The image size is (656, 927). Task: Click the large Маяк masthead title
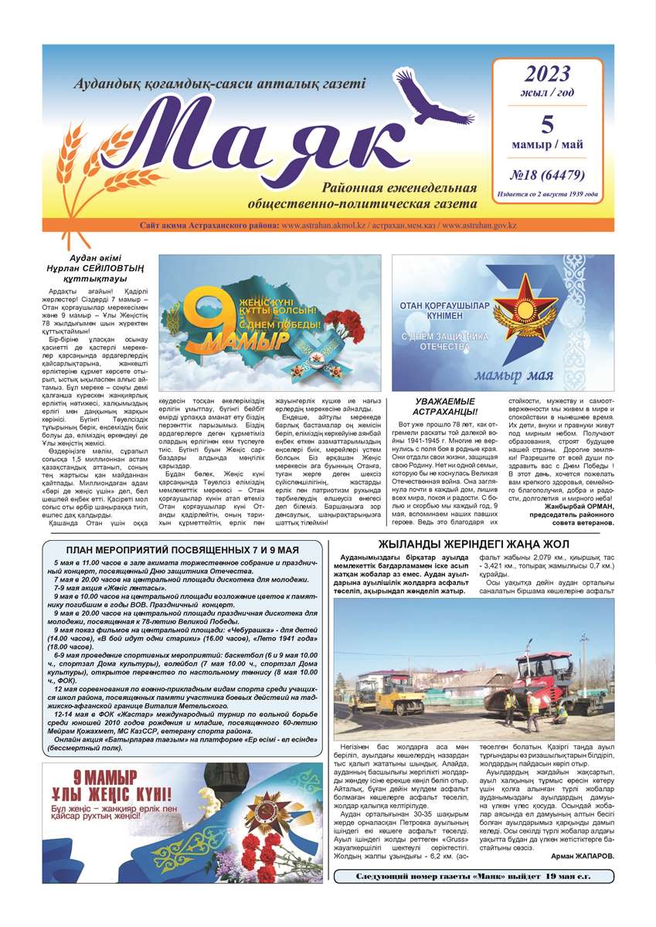[263, 139]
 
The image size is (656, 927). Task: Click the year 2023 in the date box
[547, 74]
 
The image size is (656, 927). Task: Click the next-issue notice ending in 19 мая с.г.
[474, 877]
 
